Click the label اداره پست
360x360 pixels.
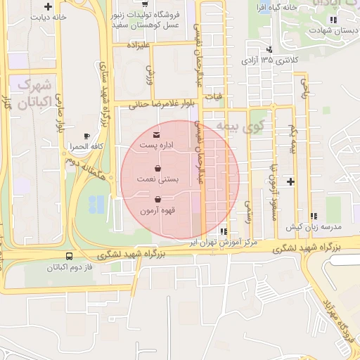[x=156, y=146]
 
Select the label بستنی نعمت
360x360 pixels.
[x=157, y=180]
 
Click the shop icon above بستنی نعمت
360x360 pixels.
[x=157, y=169]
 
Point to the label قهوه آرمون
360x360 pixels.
[x=157, y=210]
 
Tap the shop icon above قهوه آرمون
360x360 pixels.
[x=157, y=199]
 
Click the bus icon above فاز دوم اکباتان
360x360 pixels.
[x=69, y=257]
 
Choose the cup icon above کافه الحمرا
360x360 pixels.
[x=86, y=136]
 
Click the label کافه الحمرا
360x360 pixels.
[x=84, y=146]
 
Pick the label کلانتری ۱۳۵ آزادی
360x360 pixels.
[x=270, y=60]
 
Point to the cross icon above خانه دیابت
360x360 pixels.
[x=48, y=6]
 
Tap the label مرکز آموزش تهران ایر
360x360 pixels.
[x=226, y=241]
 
